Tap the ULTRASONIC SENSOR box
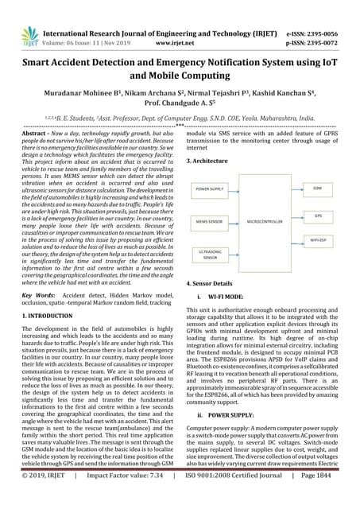(x=209, y=254)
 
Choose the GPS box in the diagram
(x=317, y=215)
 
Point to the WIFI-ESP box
(x=317, y=238)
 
